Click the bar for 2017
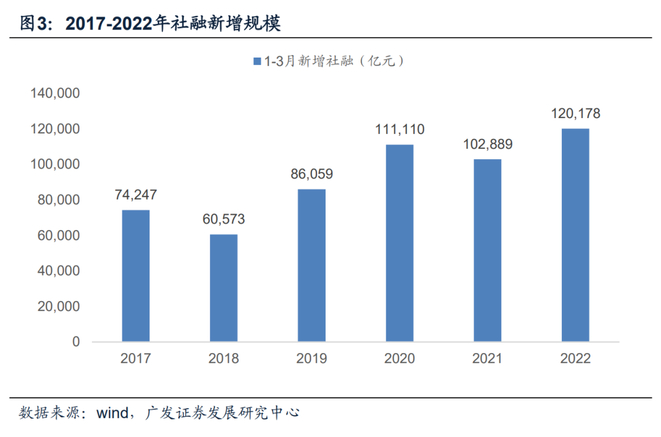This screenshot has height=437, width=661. tap(136, 275)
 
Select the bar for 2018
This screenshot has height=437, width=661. tap(223, 288)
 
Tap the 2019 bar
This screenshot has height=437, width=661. tap(312, 265)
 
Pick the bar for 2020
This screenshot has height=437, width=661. tap(400, 243)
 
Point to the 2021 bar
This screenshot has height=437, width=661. tap(488, 250)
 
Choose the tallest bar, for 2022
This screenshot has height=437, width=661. tap(575, 235)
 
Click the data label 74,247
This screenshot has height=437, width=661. tap(136, 195)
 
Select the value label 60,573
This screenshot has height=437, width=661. tap(223, 219)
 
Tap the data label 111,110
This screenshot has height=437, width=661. tap(400, 130)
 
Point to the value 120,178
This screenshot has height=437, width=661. tap(575, 114)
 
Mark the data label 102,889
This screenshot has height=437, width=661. tap(488, 145)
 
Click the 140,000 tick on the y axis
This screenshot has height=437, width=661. tap(54, 94)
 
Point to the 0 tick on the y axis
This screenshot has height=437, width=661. tap(76, 342)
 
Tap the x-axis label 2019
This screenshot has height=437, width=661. tap(312, 359)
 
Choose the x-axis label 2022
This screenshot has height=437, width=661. tap(575, 359)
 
